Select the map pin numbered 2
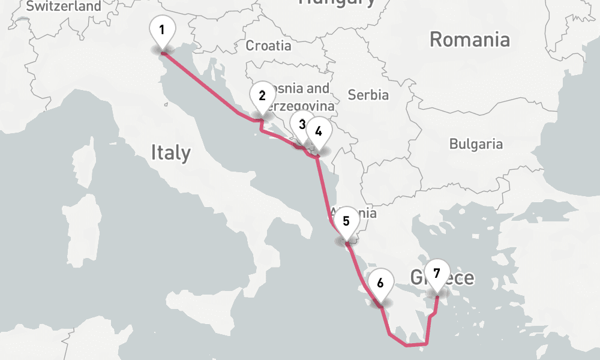(x=262, y=95)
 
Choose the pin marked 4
(x=318, y=131)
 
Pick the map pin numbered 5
(x=346, y=221)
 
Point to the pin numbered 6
(x=380, y=283)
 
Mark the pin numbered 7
(x=436, y=274)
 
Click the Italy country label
(x=170, y=153)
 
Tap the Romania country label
(x=470, y=40)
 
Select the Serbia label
(x=368, y=95)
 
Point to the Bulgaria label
(x=476, y=144)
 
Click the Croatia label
(x=269, y=46)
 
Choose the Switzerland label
(x=64, y=7)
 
